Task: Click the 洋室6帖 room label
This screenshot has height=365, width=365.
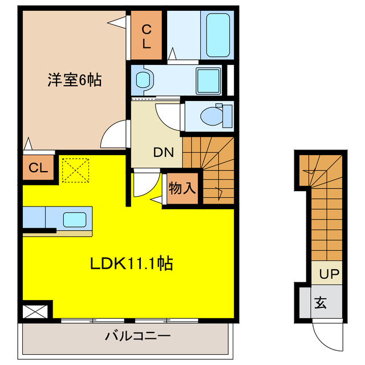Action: pyautogui.click(x=74, y=80)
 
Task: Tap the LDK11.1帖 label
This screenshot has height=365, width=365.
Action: pyautogui.click(x=132, y=263)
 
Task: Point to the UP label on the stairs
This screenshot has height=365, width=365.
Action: pyautogui.click(x=328, y=274)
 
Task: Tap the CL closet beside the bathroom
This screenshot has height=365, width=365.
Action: pyautogui.click(x=147, y=36)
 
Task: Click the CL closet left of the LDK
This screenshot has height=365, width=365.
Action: pyautogui.click(x=38, y=168)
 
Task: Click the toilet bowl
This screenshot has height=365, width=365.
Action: pyautogui.click(x=215, y=116)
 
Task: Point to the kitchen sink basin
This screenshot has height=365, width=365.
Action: pyautogui.click(x=74, y=219)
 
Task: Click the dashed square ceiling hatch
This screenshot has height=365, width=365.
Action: pyautogui.click(x=76, y=170)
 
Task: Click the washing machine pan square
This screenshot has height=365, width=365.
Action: pyautogui.click(x=208, y=80)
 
